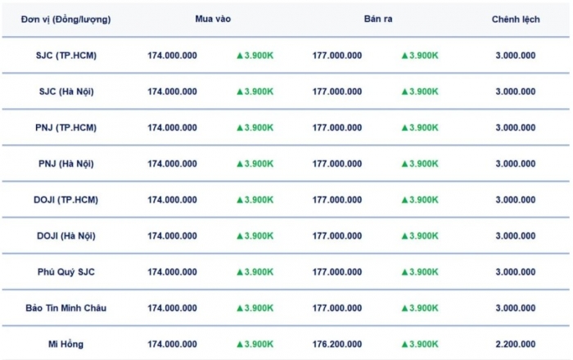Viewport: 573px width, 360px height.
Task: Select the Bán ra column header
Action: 378,19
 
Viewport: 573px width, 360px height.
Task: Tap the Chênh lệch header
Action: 516,19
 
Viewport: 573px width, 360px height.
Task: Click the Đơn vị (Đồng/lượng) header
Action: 66,19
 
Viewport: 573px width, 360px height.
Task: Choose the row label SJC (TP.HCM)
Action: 66,56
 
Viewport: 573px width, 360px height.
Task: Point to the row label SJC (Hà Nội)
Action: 66,92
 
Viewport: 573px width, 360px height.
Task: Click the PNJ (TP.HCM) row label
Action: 66,128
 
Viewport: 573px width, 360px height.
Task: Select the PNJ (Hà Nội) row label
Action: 66,164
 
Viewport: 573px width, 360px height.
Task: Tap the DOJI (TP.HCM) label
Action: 66,200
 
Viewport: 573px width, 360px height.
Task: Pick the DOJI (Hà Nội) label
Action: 66,236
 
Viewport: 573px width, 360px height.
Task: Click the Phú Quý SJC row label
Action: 66,272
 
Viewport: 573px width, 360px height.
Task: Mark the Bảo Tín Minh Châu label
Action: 66,308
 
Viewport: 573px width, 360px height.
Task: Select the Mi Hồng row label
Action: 66,344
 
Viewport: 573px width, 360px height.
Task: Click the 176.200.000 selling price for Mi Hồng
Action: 337,344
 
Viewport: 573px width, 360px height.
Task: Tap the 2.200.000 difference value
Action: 516,344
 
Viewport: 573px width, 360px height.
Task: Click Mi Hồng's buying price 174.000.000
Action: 172,344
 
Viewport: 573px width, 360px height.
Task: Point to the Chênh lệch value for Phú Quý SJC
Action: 516,272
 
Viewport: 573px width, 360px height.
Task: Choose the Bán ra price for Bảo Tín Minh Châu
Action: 337,308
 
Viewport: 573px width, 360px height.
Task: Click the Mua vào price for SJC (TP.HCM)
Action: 172,56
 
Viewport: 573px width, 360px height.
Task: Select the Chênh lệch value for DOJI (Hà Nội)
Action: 516,236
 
